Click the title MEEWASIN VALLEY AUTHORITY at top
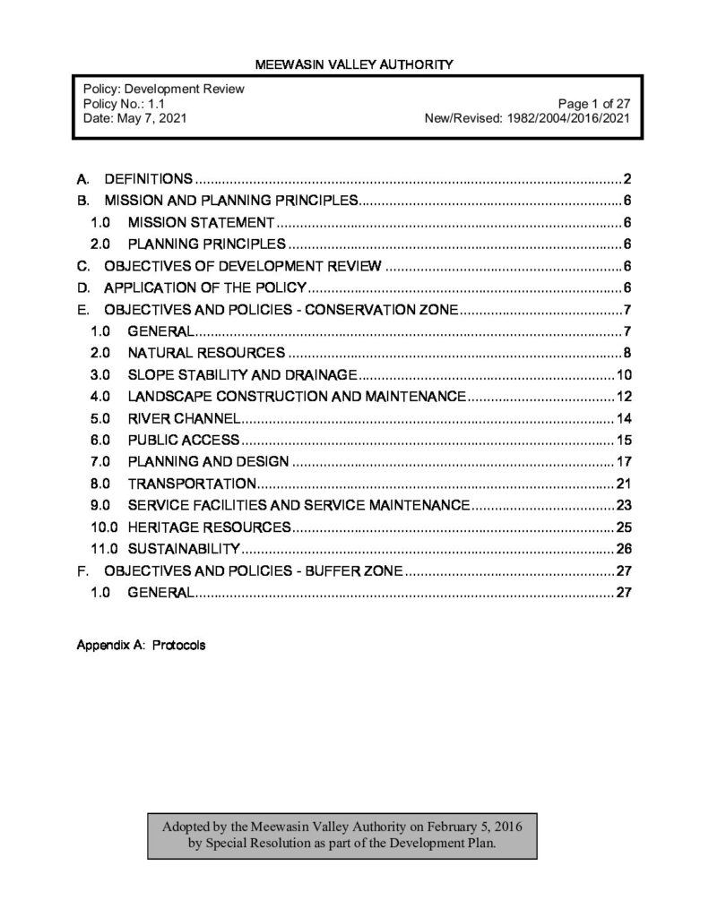pos(354,64)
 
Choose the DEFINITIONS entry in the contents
pos(149,178)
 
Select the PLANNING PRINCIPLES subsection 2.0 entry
pos(206,244)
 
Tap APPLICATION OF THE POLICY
pos(206,287)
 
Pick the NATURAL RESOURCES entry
pos(206,353)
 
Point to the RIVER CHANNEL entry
pos(184,418)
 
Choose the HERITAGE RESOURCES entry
pos(209,527)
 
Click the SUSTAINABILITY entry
pos(184,548)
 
